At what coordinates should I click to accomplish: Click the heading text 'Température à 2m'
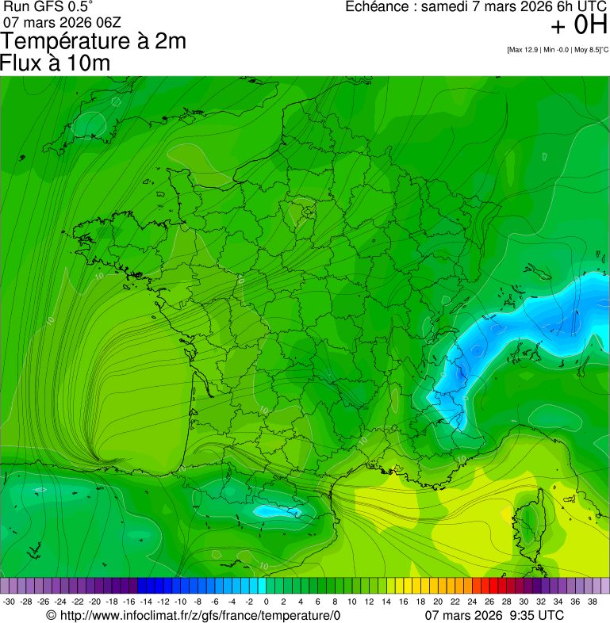tap(94, 41)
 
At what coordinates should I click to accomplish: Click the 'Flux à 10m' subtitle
tap(56, 63)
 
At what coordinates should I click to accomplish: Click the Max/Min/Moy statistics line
tap(557, 50)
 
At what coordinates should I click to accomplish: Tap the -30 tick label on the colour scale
tap(9, 602)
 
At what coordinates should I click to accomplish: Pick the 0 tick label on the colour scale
tap(266, 602)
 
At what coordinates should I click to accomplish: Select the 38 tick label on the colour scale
tap(592, 602)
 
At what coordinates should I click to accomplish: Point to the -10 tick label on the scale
tap(180, 602)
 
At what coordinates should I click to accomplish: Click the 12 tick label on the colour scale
tap(369, 602)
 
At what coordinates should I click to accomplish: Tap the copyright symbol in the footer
tap(51, 616)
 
